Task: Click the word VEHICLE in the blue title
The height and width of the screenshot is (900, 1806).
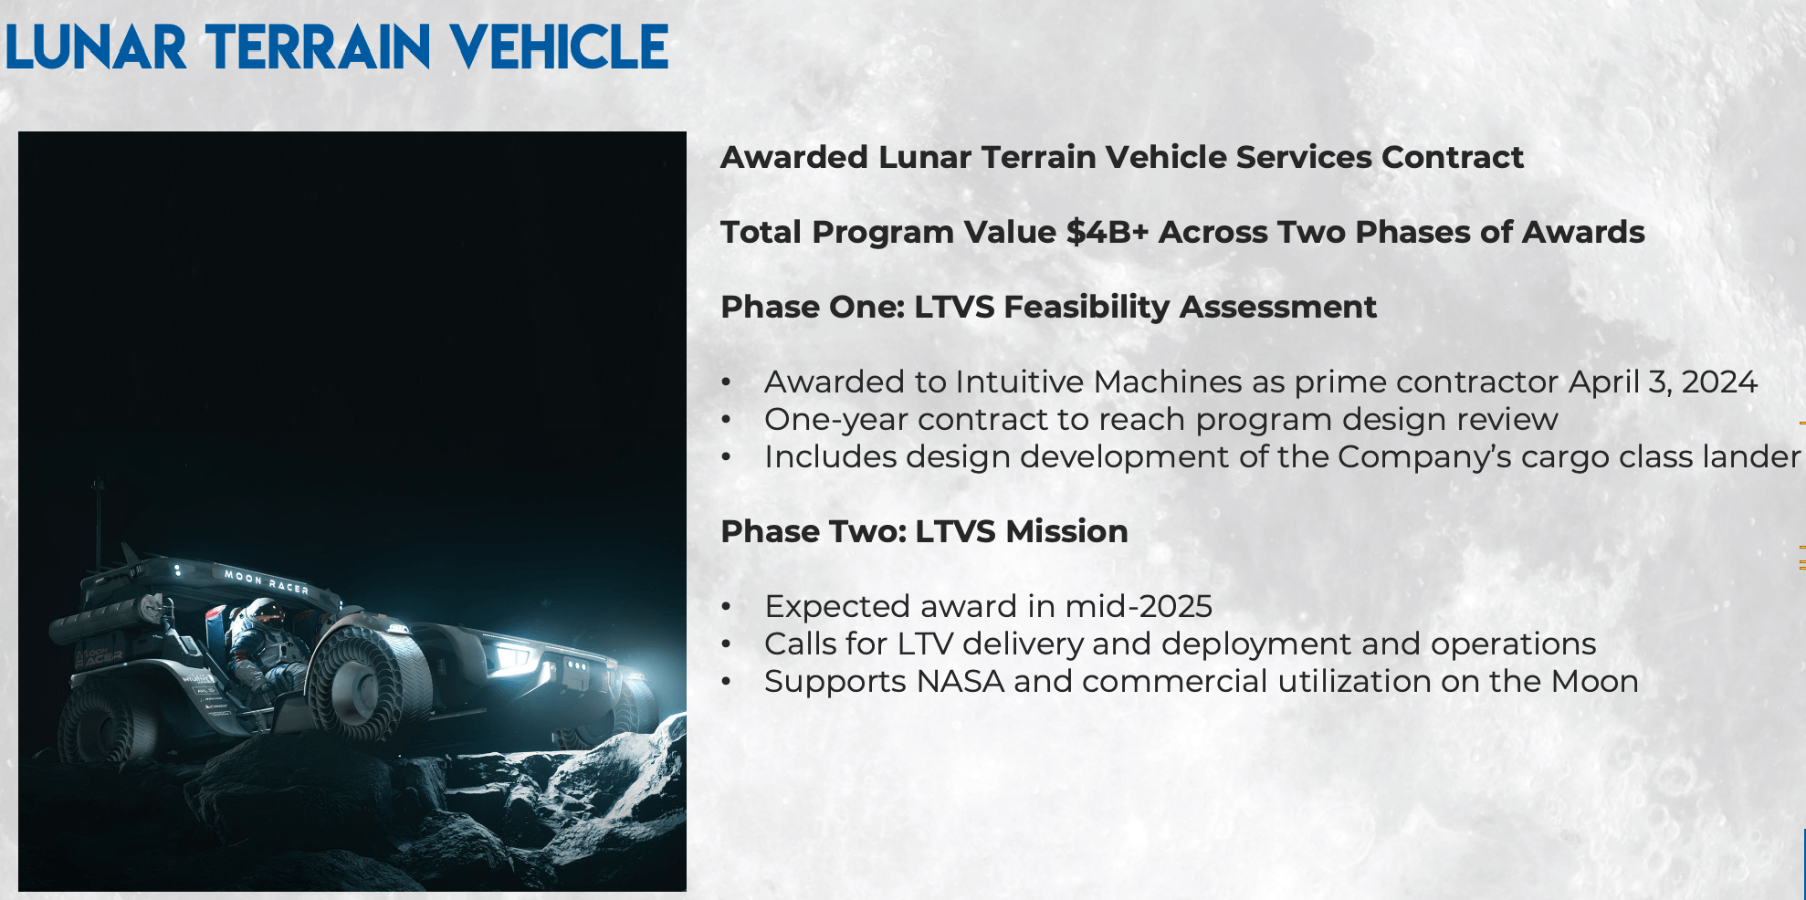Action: coord(559,47)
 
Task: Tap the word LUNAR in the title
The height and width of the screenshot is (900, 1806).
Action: coord(96,47)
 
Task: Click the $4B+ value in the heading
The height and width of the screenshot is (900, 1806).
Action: coord(1107,232)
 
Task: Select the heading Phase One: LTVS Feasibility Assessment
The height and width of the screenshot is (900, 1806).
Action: coord(1048,307)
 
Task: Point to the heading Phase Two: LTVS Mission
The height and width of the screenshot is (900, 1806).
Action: coord(924,531)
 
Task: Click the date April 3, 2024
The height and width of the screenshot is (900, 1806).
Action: coord(1663,382)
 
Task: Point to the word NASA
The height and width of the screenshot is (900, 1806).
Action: coord(960,681)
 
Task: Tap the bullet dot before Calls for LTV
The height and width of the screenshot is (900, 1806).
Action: coord(726,644)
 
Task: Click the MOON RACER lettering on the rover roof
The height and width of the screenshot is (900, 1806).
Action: coord(266,581)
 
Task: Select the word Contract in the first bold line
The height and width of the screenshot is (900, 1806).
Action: coord(1452,157)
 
